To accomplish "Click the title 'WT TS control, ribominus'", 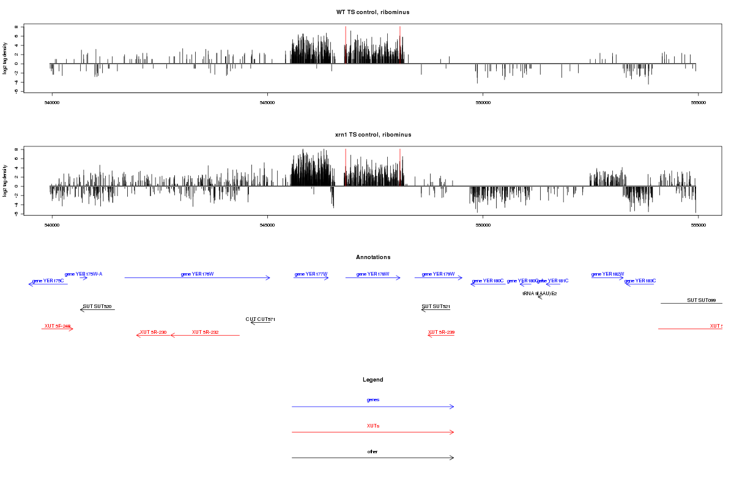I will coord(373,12).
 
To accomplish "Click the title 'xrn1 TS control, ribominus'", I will coord(373,135).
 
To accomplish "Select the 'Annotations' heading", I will coord(373,257).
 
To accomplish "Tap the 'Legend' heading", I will coord(373,380).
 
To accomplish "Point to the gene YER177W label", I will coord(311,274).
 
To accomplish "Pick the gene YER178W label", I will coord(373,274).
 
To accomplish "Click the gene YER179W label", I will coord(439,274).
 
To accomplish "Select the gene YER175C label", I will coord(48,281).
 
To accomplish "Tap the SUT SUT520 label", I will coord(97,306).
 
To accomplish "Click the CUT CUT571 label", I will coord(261,319).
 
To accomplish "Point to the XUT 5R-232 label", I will coord(206,332).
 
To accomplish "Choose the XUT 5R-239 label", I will coord(441,332).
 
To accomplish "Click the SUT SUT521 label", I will coord(436,306).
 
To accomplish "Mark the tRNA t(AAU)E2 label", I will coord(539,293).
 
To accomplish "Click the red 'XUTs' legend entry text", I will coord(373,426).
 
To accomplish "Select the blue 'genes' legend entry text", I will coord(373,400).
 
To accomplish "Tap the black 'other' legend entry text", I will coord(373,452).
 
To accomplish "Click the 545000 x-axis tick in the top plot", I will coord(267,103).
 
